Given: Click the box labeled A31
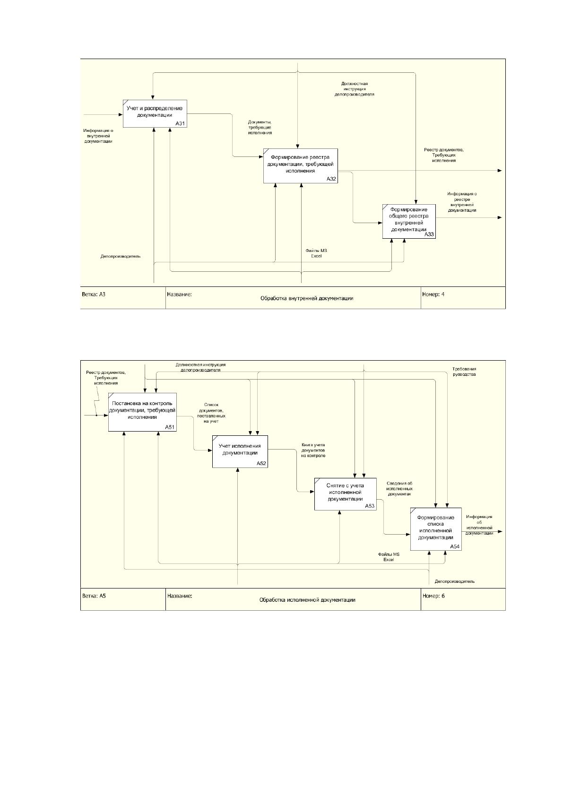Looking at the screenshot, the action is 155,113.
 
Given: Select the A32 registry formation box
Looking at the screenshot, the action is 300,165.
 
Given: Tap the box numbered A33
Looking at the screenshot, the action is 409,221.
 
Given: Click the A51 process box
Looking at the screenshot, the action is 142,412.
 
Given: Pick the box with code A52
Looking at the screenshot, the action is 240,451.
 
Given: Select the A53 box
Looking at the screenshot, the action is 345,494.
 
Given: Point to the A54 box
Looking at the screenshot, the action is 436,529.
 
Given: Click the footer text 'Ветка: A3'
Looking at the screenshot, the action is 94,294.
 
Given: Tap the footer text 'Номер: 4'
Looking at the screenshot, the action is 433,294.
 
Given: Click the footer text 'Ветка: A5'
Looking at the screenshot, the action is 94,596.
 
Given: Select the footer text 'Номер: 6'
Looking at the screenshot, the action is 433,596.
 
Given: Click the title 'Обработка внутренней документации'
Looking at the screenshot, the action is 307,299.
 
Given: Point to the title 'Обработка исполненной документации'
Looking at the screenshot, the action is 307,600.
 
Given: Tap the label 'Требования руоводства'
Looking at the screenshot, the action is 464,372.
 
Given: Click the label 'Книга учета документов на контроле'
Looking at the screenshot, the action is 313,450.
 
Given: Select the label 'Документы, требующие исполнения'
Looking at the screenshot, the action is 260,127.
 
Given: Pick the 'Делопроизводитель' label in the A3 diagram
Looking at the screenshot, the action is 121,256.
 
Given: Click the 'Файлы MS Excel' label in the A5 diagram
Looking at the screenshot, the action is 389,557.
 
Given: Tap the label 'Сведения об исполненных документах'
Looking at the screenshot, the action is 399,489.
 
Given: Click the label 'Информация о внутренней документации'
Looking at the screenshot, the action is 98,136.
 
